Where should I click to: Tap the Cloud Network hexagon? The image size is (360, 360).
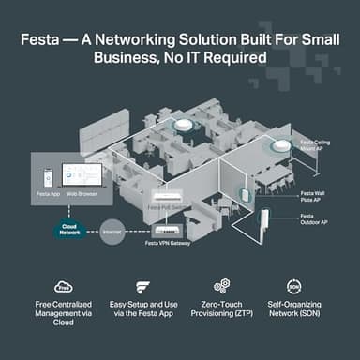[69, 228]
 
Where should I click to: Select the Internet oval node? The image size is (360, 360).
[112, 230]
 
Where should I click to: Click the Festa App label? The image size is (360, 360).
[49, 192]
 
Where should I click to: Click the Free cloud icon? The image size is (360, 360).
[64, 287]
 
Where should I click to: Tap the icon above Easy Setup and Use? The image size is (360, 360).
[142, 287]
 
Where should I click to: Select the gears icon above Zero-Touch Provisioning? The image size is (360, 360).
[221, 287]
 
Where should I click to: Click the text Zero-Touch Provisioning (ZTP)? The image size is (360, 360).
[221, 313]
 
